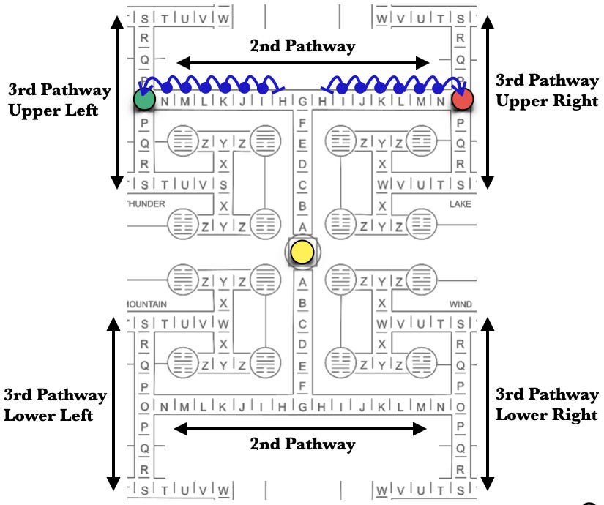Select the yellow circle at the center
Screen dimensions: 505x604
click(x=301, y=252)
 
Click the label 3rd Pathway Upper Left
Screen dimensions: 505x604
click(x=59, y=100)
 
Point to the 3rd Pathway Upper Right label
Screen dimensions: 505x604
click(x=548, y=91)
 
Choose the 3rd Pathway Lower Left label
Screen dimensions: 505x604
click(x=56, y=405)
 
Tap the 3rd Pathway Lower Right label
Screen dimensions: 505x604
click(x=548, y=404)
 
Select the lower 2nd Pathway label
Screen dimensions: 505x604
click(x=302, y=444)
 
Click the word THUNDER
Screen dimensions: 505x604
click(x=147, y=204)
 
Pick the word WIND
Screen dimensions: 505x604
click(x=460, y=304)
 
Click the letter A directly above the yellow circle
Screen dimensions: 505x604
click(x=302, y=228)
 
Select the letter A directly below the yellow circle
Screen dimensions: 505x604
click(x=302, y=282)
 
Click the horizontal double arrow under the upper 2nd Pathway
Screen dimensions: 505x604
click(x=302, y=62)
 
